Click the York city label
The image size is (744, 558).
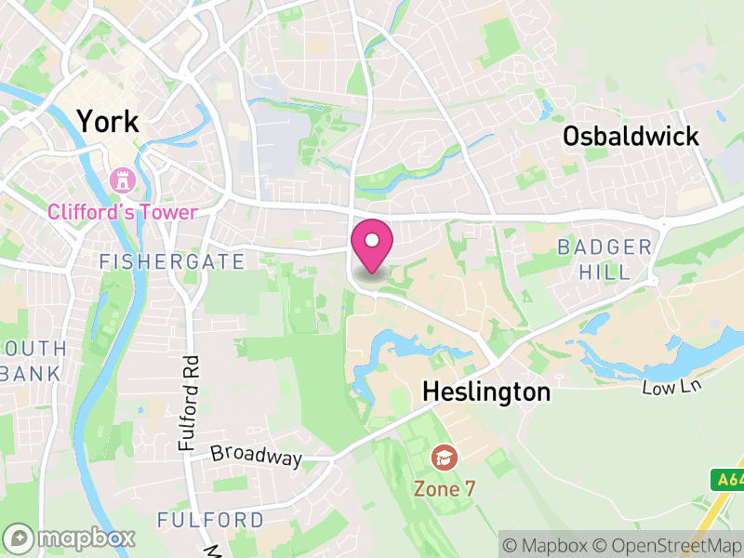pyautogui.click(x=107, y=121)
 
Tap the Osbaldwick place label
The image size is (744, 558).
pyautogui.click(x=631, y=137)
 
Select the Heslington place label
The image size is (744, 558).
pyautogui.click(x=486, y=392)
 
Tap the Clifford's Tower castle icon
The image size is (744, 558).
pyautogui.click(x=122, y=179)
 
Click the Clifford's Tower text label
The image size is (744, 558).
pyautogui.click(x=123, y=211)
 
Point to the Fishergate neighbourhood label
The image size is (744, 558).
pyautogui.click(x=172, y=262)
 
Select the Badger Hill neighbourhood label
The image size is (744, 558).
pyautogui.click(x=604, y=259)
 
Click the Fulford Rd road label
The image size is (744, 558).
pyautogui.click(x=190, y=405)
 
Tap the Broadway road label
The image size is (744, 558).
pyautogui.click(x=256, y=457)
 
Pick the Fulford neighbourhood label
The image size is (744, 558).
pyautogui.click(x=210, y=519)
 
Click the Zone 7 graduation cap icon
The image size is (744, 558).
pyautogui.click(x=444, y=457)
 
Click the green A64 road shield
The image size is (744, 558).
pyautogui.click(x=729, y=480)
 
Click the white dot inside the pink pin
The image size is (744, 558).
pyautogui.click(x=372, y=241)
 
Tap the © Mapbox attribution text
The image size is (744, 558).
pyautogui.click(x=550, y=544)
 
